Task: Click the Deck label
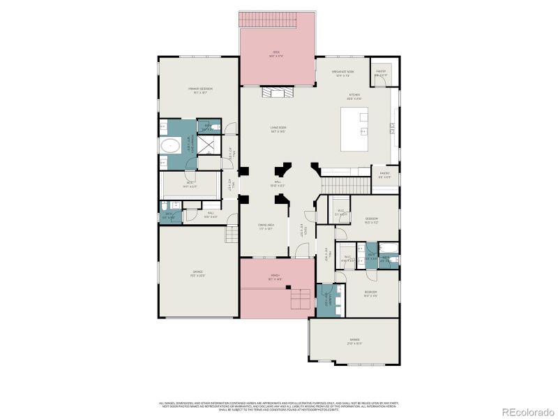(277, 53)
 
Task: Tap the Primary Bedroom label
(199, 89)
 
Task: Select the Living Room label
(279, 128)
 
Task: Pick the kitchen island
(363, 128)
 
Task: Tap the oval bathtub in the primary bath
(169, 146)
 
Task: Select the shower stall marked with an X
(207, 145)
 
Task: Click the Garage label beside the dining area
(198, 272)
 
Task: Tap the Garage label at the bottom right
(355, 340)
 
